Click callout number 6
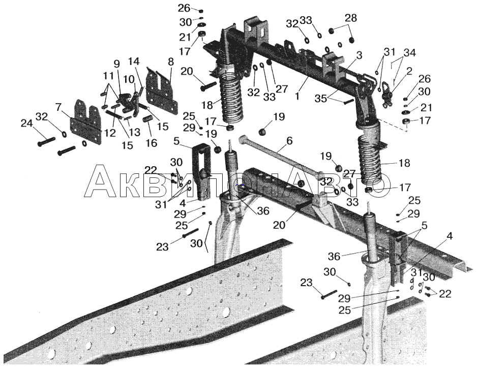click(289, 141)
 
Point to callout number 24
click(26, 124)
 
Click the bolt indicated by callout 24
click(46, 142)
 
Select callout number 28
click(350, 18)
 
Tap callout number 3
click(359, 55)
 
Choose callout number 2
click(409, 71)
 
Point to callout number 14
click(134, 62)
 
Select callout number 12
click(110, 133)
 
